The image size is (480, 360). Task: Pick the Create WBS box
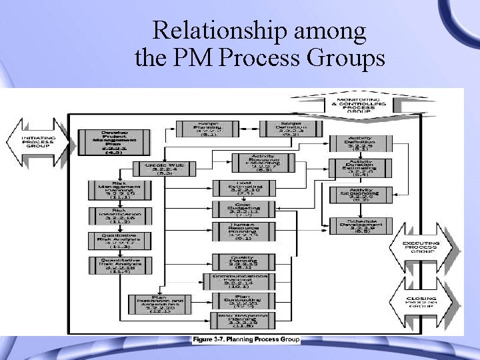pyautogui.click(x=158, y=169)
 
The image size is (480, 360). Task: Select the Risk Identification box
pyautogui.click(x=113, y=215)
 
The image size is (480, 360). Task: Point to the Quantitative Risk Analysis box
pyautogui.click(x=113, y=266)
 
